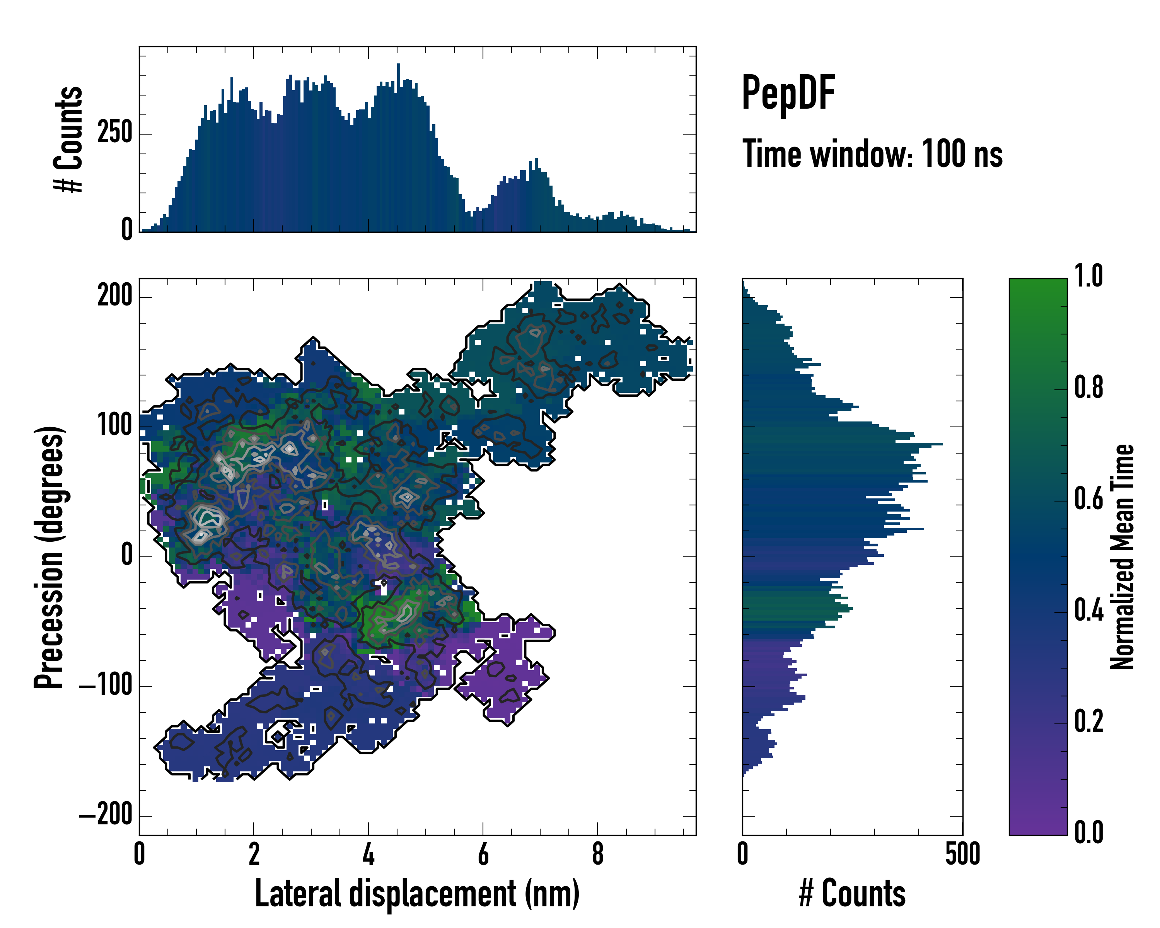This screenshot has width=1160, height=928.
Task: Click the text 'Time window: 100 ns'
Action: coord(872,154)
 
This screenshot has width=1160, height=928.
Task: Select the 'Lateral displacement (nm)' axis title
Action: coord(417,894)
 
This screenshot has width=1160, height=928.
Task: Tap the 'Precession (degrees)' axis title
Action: coord(49,557)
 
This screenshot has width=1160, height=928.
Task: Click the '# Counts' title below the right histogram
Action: coord(852,894)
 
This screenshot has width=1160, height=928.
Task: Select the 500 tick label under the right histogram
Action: coord(962,854)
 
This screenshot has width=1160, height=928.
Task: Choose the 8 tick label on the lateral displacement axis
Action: coord(597,854)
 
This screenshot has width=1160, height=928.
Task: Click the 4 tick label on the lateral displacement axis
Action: coord(368,854)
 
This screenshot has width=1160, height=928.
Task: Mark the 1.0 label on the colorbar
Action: coord(1088,276)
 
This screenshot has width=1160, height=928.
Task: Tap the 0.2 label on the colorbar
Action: coord(1088,722)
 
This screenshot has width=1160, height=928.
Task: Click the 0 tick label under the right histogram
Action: coord(742,854)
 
